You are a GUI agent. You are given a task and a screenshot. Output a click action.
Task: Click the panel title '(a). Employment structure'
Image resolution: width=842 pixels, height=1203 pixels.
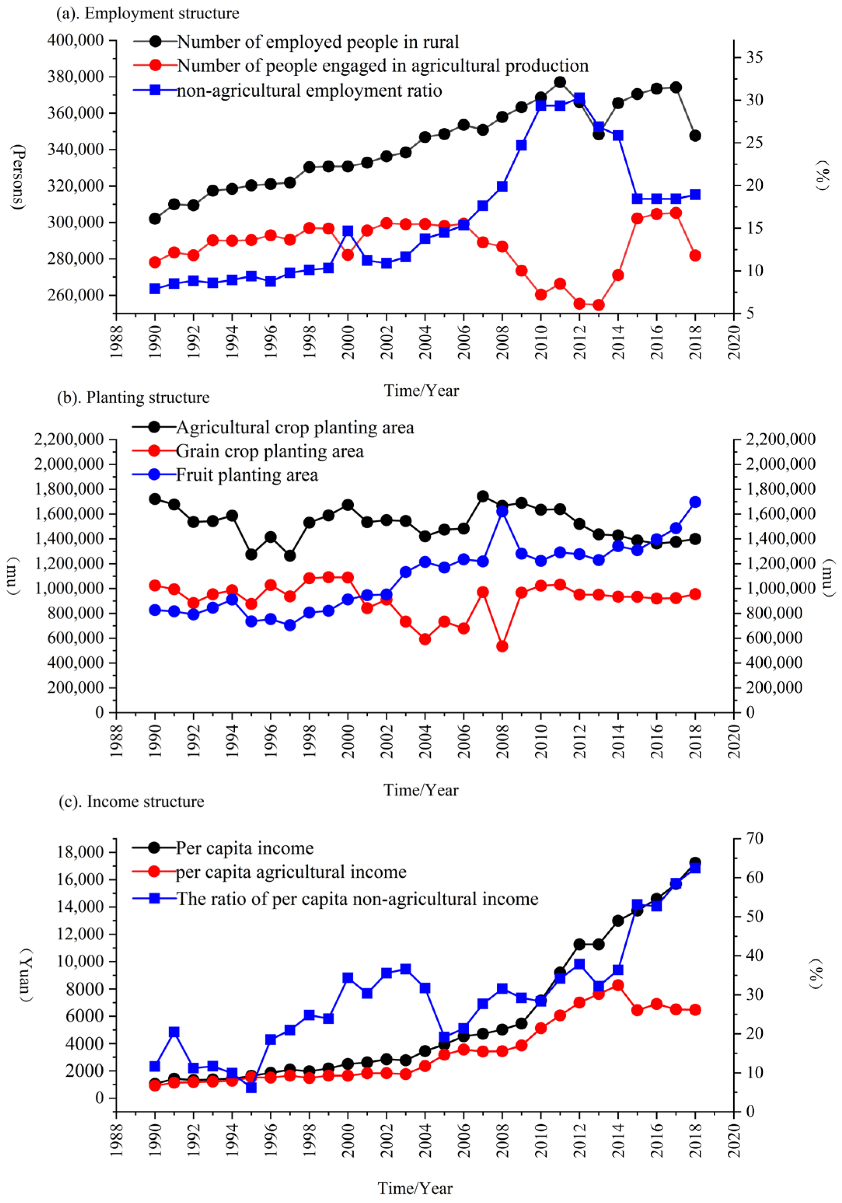tap(148, 13)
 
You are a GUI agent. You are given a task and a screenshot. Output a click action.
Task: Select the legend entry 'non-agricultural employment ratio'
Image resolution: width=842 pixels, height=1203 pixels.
tap(309, 91)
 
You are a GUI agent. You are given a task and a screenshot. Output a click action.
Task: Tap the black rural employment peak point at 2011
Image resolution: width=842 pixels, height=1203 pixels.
tap(560, 82)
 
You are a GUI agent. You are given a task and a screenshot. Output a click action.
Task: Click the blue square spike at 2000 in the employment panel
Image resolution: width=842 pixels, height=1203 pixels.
tap(348, 230)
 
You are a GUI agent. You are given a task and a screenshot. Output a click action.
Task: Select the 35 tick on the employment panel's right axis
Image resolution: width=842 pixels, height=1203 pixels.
tap(755, 57)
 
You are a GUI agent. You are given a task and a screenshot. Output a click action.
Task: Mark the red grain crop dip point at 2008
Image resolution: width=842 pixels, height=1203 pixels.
tap(502, 646)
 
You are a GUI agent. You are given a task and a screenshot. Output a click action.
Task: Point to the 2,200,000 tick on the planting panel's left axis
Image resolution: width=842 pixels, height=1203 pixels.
tap(69, 439)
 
